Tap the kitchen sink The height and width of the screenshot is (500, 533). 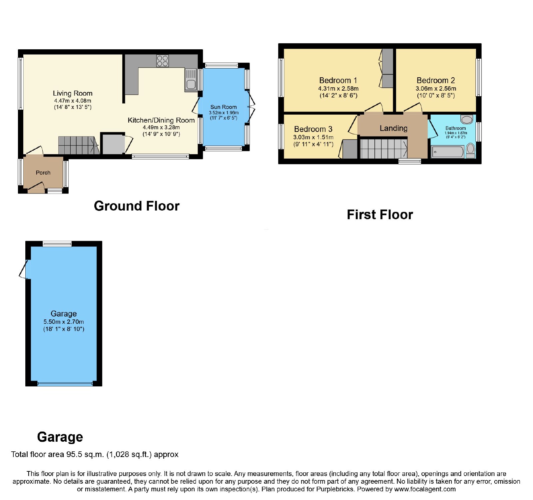click(191, 80)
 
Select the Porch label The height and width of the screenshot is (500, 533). click(43, 173)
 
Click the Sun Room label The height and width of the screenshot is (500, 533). click(224, 107)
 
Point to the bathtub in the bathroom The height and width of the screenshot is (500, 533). click(447, 152)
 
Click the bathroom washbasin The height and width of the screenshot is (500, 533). click(467, 119)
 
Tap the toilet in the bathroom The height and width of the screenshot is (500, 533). click(470, 151)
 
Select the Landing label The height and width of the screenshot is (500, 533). click(393, 128)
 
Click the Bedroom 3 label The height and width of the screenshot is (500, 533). click(313, 129)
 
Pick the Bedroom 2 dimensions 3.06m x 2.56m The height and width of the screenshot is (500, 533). click(436, 89)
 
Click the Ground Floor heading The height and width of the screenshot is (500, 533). click(137, 206)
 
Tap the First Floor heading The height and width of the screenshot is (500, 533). click(380, 215)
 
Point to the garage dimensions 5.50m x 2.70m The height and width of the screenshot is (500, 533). click(64, 322)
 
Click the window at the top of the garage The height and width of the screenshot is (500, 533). click(57, 244)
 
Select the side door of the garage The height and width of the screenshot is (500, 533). click(25, 269)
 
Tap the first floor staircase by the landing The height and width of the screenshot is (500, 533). click(383, 149)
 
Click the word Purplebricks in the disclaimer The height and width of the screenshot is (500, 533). click(335, 489)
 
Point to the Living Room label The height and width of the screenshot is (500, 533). click(73, 93)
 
